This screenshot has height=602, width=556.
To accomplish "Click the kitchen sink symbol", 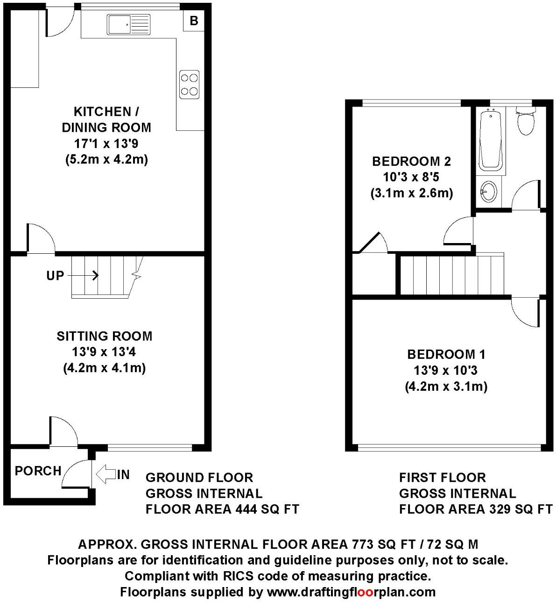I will point(128,24).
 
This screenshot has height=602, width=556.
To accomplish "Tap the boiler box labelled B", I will point(194,21).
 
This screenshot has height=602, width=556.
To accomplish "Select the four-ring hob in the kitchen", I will point(190,84).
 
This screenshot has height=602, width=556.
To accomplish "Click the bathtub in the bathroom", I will point(490,139).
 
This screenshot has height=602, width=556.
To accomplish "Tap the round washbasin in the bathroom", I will point(489,191).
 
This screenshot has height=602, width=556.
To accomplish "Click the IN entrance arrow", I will point(106,475).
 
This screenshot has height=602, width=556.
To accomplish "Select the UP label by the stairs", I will point(55,276).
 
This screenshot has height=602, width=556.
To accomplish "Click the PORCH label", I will point(38,471).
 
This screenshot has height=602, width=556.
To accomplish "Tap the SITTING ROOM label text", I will point(105,336).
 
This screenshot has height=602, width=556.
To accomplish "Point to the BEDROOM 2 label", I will point(411,162).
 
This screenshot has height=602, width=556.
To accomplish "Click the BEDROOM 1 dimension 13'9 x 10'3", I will point(445,371).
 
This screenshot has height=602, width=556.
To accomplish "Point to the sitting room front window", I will point(149,448).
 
